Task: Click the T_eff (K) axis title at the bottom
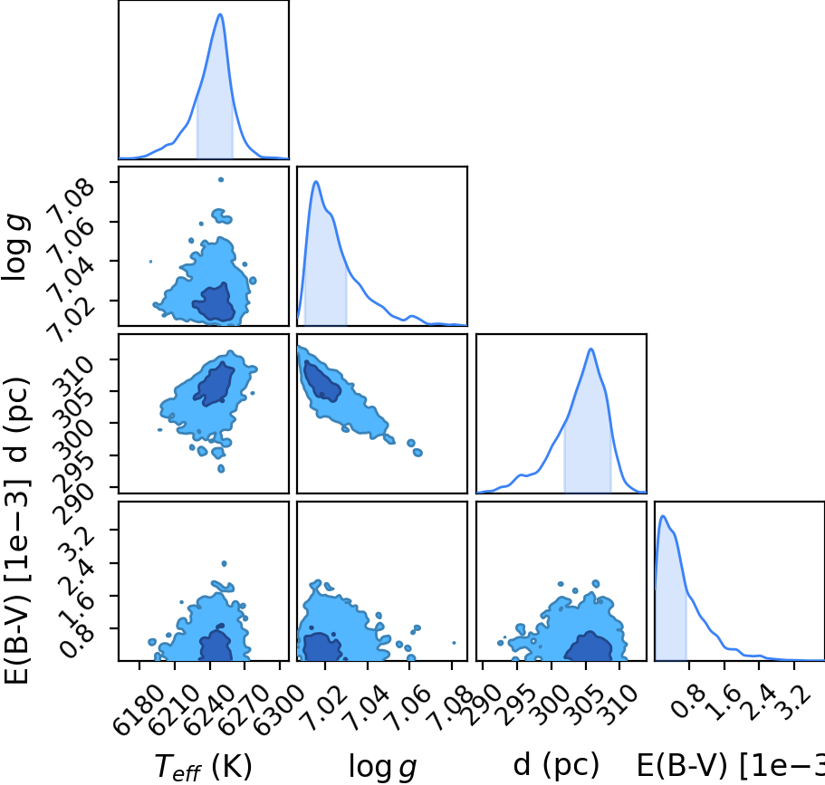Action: point(204,767)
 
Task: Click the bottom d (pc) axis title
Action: point(556,765)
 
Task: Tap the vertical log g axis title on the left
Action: point(15,247)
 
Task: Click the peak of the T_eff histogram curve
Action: point(220,14)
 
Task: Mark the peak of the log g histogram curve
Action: point(316,181)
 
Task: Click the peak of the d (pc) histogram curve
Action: point(591,349)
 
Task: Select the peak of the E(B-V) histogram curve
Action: point(663,516)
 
